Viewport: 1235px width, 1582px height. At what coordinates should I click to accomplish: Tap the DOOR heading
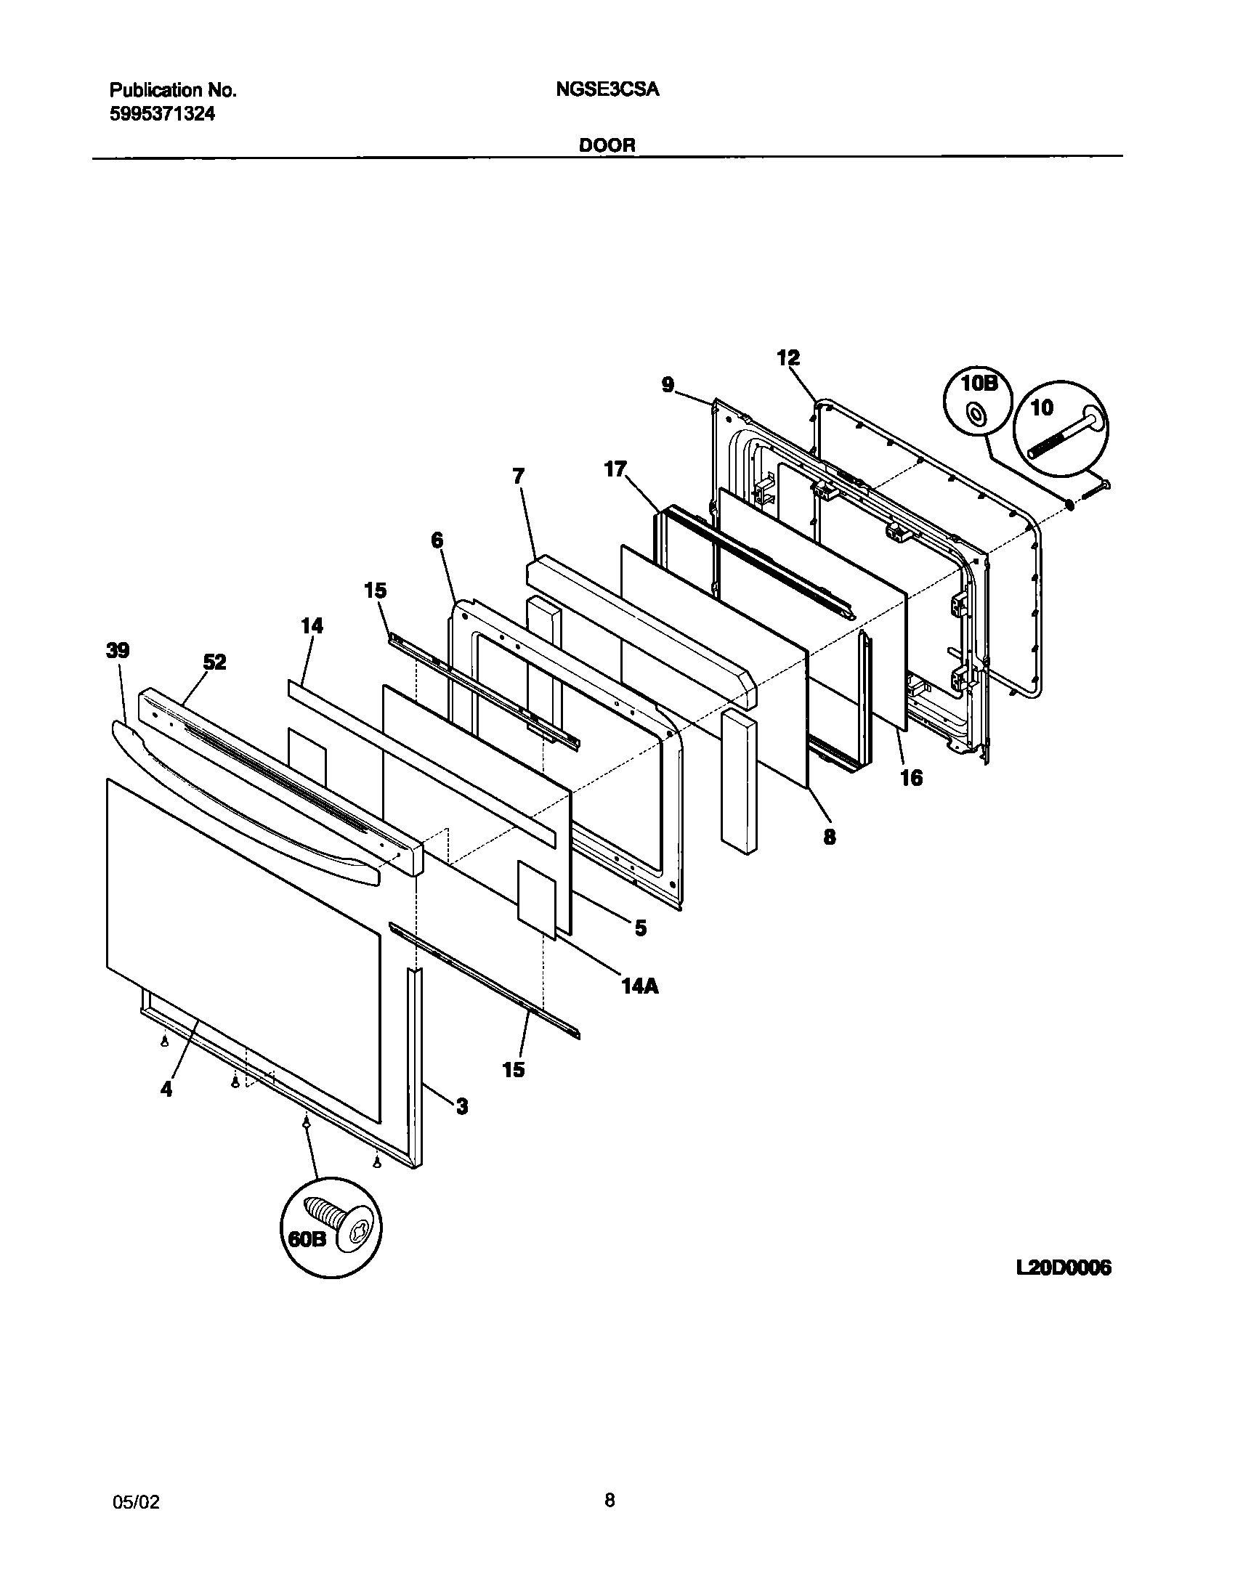(x=607, y=145)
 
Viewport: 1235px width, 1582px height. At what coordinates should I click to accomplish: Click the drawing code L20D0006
(x=1064, y=1268)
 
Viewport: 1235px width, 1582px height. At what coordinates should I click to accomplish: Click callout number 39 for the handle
(x=118, y=650)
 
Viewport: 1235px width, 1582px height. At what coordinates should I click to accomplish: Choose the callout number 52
(x=214, y=662)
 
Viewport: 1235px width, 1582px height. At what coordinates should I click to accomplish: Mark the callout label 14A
(x=639, y=986)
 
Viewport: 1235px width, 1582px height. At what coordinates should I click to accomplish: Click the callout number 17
(x=615, y=469)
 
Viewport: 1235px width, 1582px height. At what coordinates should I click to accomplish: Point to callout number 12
(x=788, y=357)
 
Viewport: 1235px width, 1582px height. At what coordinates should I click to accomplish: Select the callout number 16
(x=911, y=778)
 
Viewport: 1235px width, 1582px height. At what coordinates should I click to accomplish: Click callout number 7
(x=518, y=476)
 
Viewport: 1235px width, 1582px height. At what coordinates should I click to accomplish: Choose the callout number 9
(x=668, y=384)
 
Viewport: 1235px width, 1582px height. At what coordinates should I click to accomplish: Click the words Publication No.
(x=172, y=90)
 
